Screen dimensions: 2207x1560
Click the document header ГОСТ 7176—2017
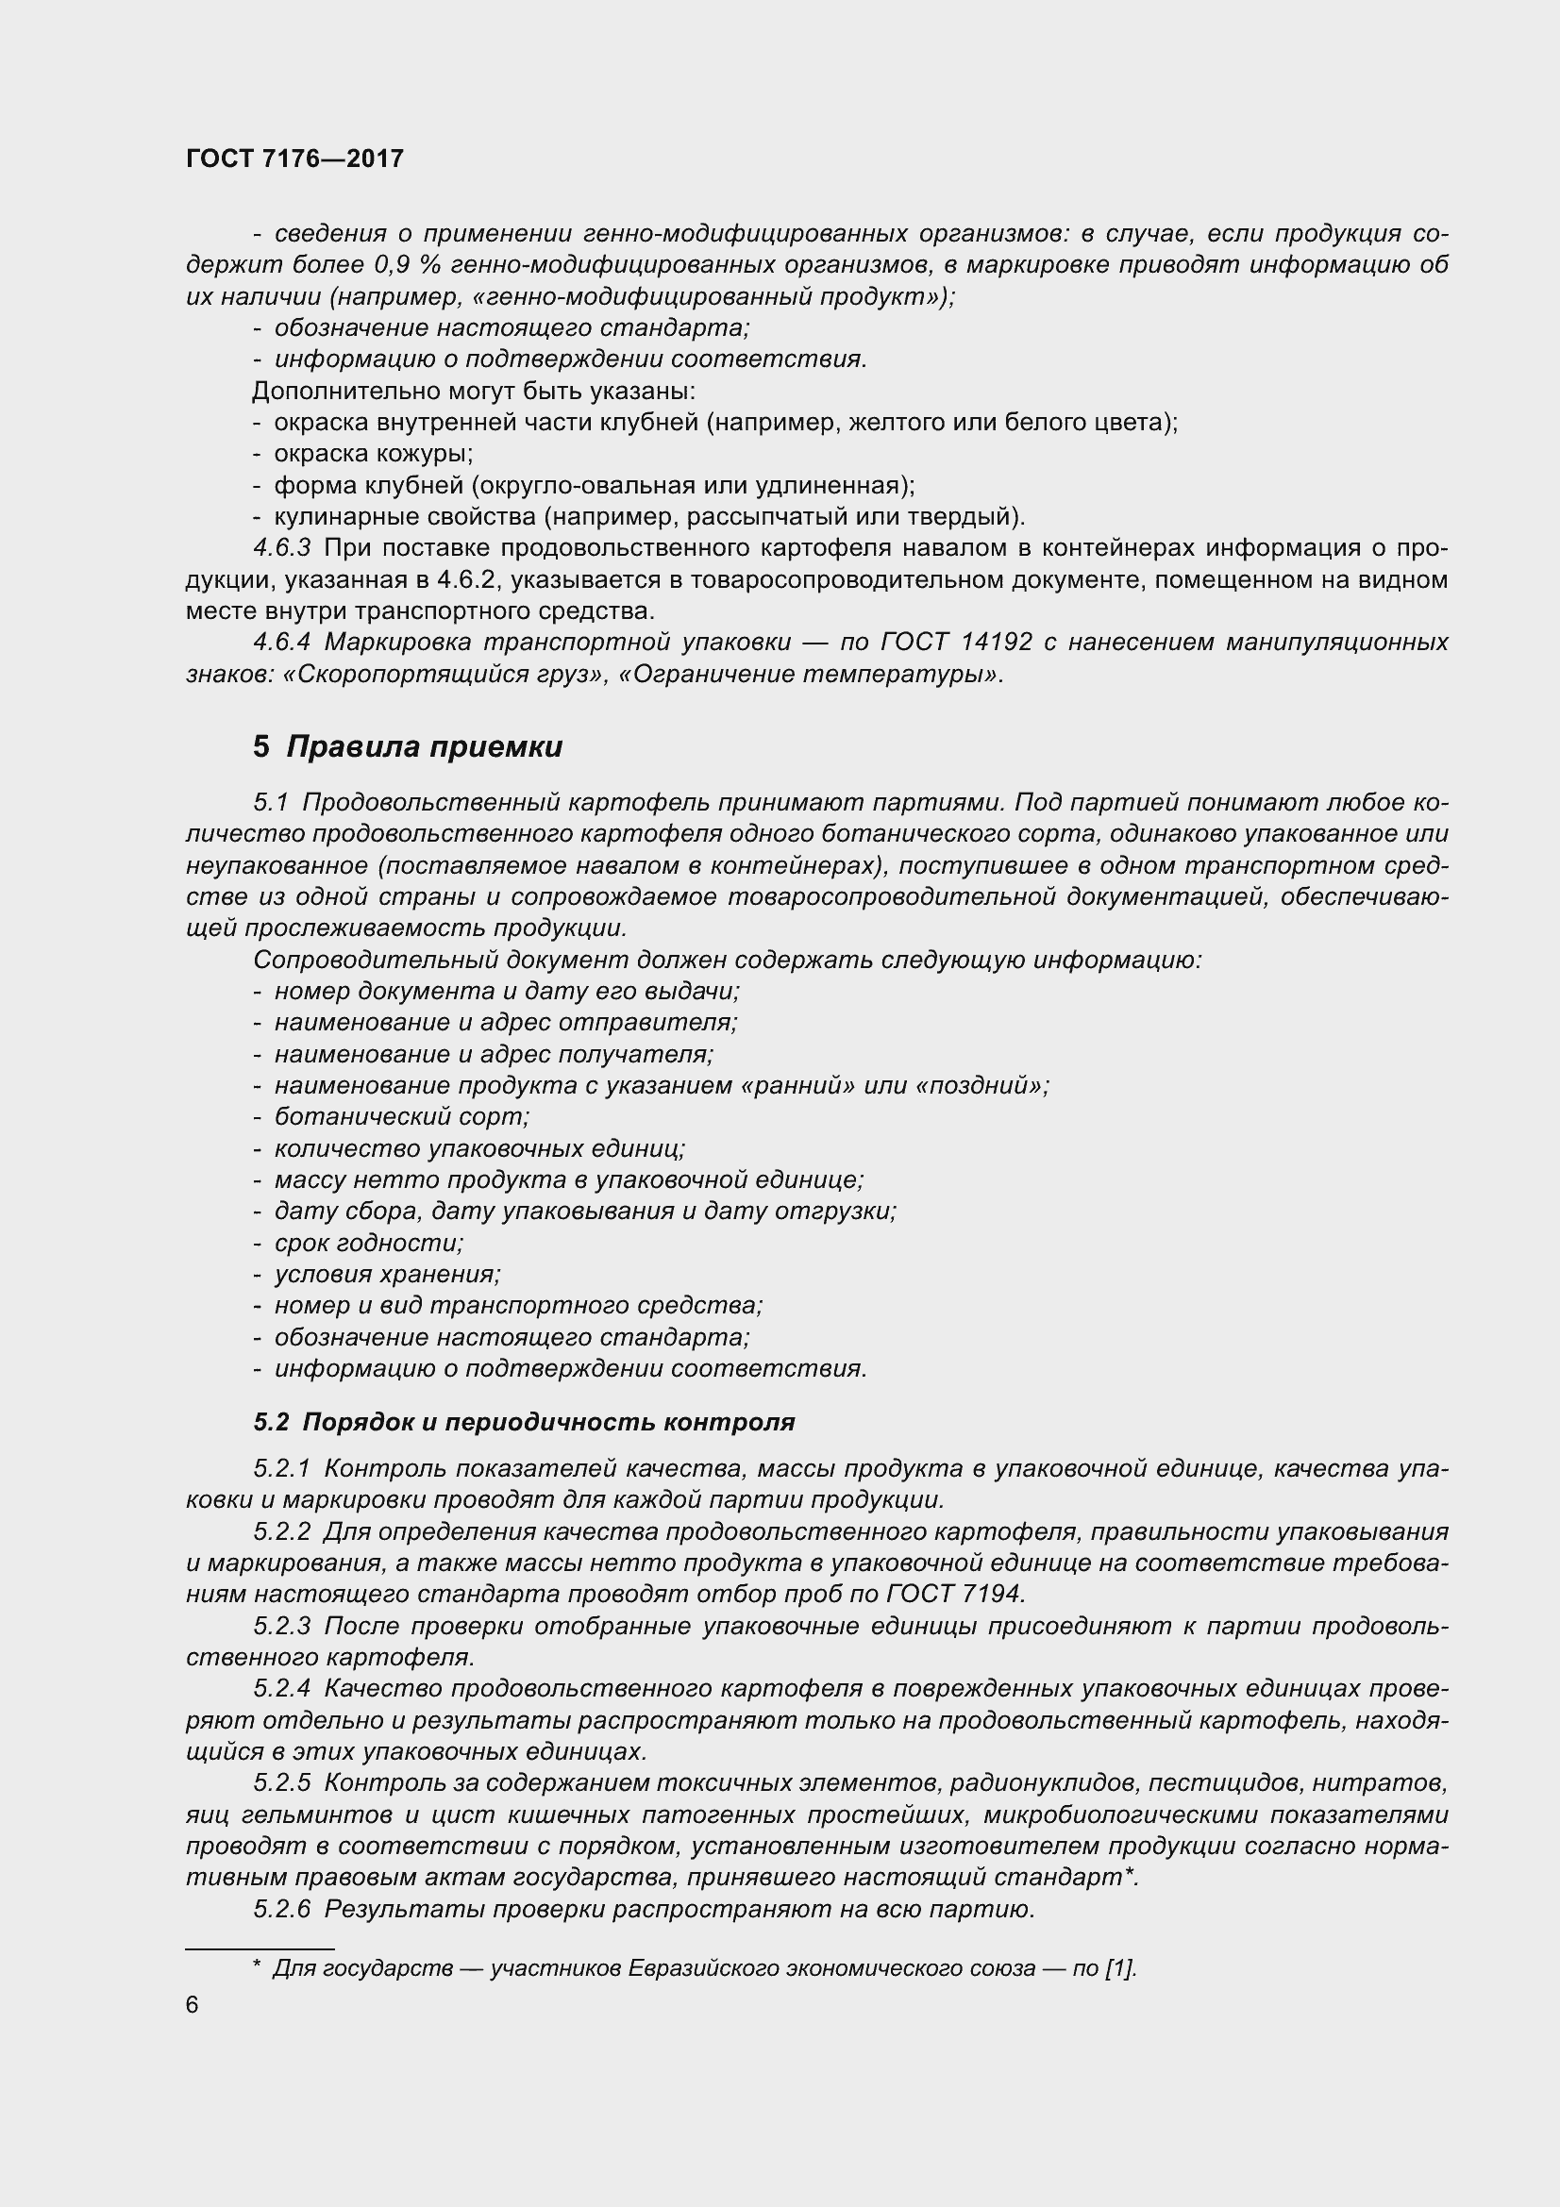[294, 159]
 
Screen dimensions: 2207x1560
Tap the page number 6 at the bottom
[193, 2004]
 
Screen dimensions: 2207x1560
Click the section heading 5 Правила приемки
[408, 747]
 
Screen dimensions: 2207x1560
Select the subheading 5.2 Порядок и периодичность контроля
[524, 1422]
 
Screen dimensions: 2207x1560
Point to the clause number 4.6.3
[281, 548]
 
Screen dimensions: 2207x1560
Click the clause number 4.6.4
[281, 641]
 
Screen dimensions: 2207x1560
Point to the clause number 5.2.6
[281, 1909]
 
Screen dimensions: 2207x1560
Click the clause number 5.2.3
[281, 1627]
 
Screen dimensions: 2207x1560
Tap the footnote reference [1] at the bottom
[1120, 1967]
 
